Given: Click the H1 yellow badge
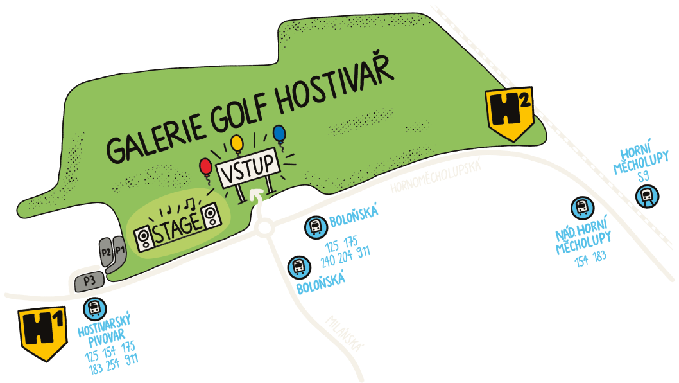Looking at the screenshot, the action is pos(43,331).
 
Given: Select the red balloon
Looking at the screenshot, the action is pos(206,167).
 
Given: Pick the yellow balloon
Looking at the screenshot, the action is pos(237,142).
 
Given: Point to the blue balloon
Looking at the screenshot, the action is pos(279,133).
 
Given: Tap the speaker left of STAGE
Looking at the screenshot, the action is pos(144,236).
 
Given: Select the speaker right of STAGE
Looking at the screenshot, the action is pos(211,216).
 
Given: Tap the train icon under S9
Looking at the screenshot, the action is pos(646,194).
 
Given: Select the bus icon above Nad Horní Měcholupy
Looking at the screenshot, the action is pos(581,207).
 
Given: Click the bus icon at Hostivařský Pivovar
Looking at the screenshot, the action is pos(94,308).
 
